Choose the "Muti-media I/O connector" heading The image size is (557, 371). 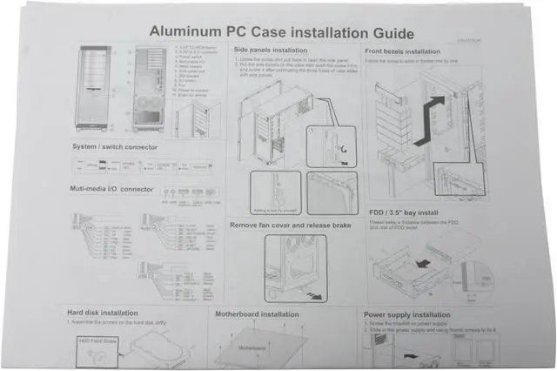point(111,188)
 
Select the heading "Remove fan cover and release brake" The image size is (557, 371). point(292,225)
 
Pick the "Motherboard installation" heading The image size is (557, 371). point(257,312)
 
